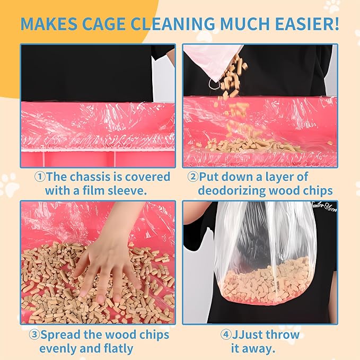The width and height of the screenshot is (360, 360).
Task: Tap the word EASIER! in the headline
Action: coord(307,24)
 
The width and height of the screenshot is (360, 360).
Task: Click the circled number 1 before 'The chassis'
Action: coord(40,177)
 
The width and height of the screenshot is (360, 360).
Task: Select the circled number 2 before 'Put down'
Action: coord(192,177)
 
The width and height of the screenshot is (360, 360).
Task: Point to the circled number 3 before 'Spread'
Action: coord(34,335)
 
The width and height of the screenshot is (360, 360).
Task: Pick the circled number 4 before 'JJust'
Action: coord(226,335)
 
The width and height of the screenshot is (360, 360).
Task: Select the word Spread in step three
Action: coord(60,335)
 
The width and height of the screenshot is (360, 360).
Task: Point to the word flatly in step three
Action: coord(119,349)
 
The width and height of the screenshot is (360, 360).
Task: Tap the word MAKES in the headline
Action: coord(49,24)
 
